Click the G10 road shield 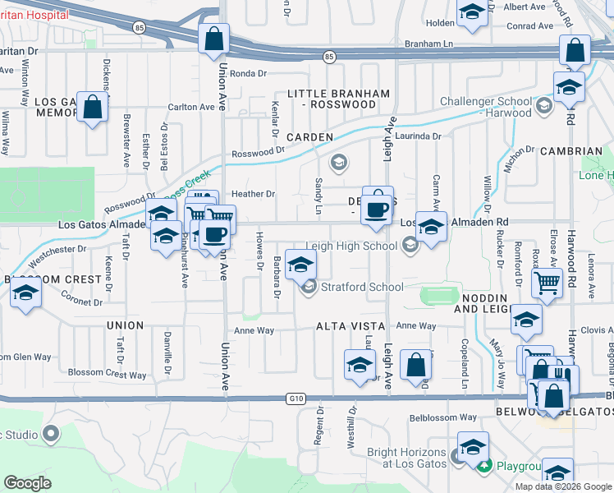pos(296,399)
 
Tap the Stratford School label pos(361,287)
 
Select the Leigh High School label pos(351,246)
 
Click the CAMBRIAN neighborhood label pos(571,151)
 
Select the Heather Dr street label pos(252,194)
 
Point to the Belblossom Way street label pos(443,417)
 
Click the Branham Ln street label pos(428,44)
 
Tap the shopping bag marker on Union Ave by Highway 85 pos(213,39)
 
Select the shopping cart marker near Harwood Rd pos(546,283)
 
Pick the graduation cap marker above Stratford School pos(300,263)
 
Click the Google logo pos(27,483)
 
